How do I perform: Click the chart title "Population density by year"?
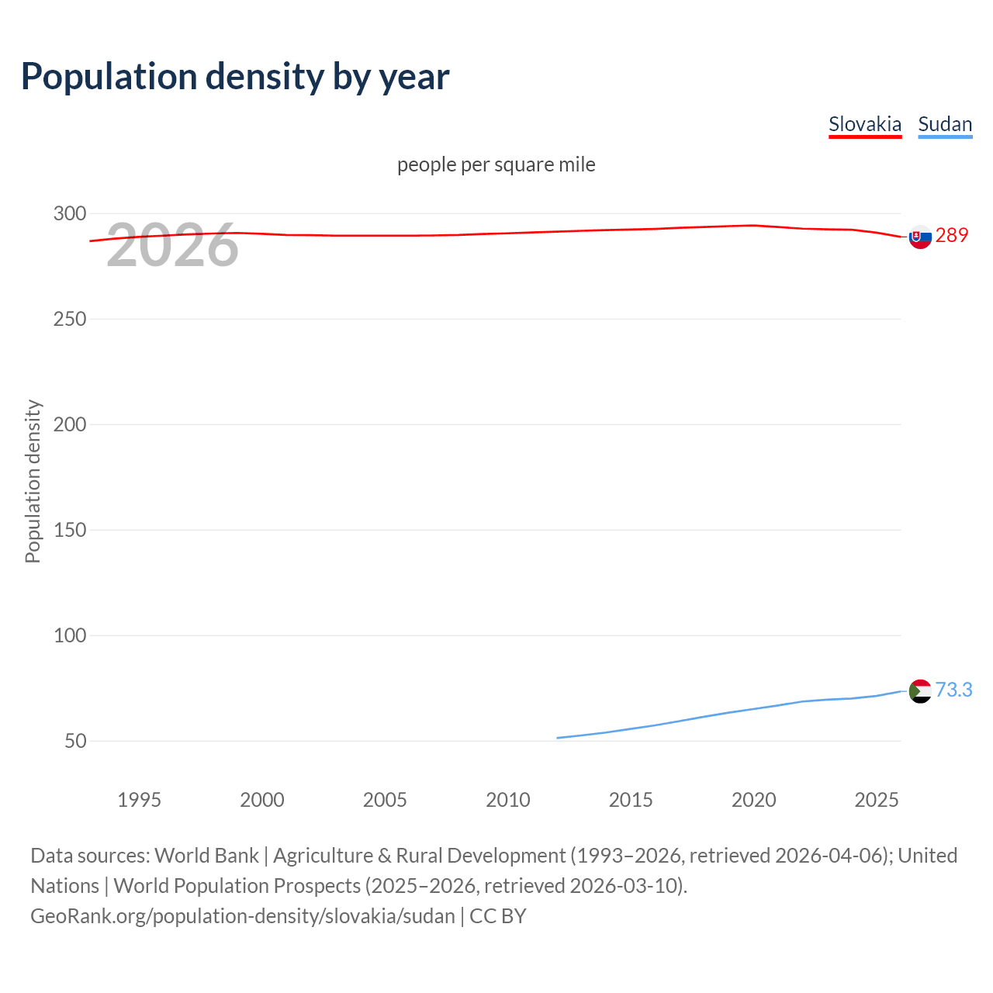click(235, 77)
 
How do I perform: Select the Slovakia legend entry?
click(865, 124)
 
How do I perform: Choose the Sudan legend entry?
click(945, 124)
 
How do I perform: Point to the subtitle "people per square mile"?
click(496, 164)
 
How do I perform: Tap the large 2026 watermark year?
click(172, 246)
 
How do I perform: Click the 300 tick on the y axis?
click(70, 213)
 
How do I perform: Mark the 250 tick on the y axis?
click(70, 319)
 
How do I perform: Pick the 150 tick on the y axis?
click(70, 530)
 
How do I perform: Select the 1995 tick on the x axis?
click(140, 800)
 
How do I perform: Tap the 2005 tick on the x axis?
click(385, 800)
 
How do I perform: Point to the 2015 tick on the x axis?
click(631, 800)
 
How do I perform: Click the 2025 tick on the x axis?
click(877, 800)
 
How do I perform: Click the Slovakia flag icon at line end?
click(920, 237)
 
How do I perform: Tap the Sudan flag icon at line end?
click(920, 690)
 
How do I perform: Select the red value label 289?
click(952, 235)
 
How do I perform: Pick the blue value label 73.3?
click(953, 690)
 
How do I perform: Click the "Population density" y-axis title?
click(33, 481)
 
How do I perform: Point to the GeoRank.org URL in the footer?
click(243, 916)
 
